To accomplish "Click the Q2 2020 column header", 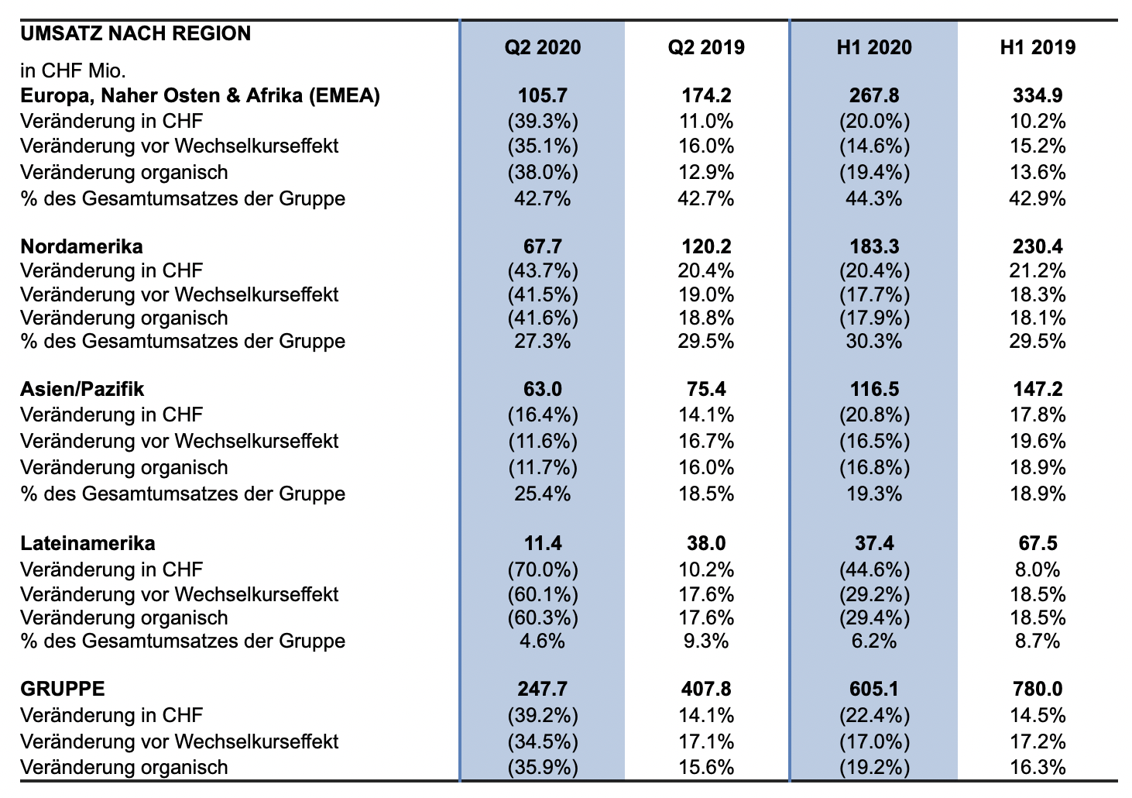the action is pos(542,47).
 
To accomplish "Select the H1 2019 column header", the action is pos(1038,47).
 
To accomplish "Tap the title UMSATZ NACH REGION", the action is pos(135,33).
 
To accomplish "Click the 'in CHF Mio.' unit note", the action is pos(73,71).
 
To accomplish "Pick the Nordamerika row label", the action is pos(81,247).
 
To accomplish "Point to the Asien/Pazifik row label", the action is pos(82,390).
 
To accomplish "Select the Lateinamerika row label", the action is pos(87,544).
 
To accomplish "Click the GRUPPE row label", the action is pos(63,689).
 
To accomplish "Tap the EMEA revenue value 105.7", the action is pos(542,95).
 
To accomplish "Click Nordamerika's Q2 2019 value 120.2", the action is pos(706,247).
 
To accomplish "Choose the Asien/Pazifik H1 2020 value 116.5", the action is pos(873,390).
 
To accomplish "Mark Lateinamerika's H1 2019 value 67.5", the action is pos(1038,544).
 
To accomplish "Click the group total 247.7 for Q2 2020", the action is pos(542,689).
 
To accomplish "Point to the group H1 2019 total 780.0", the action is pos(1038,689).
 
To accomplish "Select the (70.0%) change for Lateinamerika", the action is pos(543,570).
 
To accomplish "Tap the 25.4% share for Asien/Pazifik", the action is pos(542,494).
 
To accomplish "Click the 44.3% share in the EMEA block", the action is pos(873,199).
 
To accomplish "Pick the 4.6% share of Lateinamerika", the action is pos(542,641).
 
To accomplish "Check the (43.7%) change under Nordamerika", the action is pos(543,271).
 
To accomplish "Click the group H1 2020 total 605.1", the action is pos(873,689).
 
